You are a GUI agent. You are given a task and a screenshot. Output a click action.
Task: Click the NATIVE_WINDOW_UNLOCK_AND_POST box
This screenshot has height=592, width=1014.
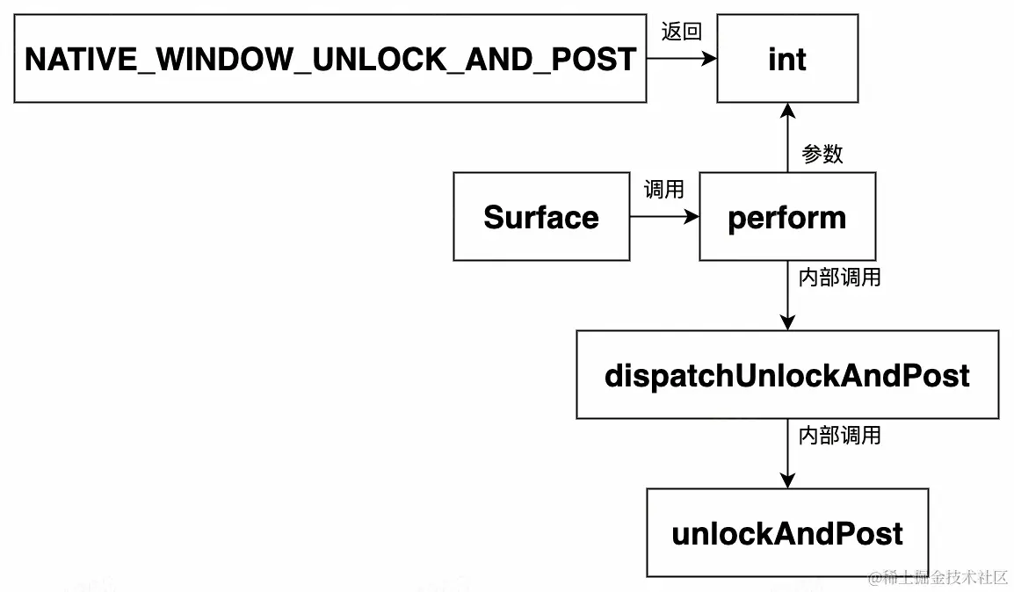point(330,59)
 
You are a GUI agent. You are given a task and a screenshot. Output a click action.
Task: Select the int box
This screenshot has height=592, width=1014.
point(786,59)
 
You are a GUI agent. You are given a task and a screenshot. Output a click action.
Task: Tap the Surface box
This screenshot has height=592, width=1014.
point(540,217)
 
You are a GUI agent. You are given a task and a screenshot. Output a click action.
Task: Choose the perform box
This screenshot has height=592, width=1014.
point(786,217)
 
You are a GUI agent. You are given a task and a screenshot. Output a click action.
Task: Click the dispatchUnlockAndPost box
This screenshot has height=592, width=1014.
point(786,375)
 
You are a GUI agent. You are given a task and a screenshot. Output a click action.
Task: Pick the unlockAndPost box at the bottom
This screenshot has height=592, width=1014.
point(786,533)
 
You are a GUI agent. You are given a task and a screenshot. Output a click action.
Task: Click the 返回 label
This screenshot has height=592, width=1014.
point(681,32)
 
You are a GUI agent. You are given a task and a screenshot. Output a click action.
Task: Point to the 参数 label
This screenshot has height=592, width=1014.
point(822,154)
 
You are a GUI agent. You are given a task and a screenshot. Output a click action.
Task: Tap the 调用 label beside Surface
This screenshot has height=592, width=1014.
point(663,189)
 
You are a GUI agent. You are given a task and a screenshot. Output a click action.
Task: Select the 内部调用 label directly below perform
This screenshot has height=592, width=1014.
point(839,278)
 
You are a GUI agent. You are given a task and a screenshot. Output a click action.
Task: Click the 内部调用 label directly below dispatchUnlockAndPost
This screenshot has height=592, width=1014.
point(839,435)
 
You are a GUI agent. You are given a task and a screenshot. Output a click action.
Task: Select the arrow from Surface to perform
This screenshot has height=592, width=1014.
point(664,217)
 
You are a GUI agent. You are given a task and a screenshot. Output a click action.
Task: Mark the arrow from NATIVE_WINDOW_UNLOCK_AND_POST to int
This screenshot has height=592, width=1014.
point(681,59)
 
